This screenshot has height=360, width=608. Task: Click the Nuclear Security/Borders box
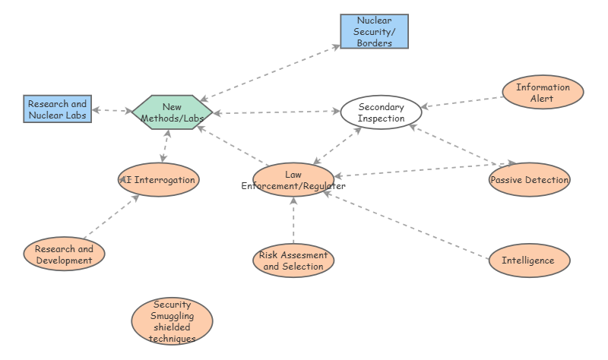coord(374,31)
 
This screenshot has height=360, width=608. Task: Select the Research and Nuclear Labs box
coord(57,109)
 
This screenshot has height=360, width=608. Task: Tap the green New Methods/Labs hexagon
coord(172,112)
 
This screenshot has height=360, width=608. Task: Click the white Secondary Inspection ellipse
coord(381,112)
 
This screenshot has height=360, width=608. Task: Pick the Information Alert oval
coord(543,93)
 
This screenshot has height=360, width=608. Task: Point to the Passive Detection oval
coord(529,180)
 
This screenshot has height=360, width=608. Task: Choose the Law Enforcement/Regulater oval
coord(293,180)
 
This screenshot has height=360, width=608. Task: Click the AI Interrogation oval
coord(159,180)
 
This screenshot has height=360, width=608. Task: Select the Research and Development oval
coord(64,254)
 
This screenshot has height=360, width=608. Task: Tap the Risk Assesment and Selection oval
coord(293,261)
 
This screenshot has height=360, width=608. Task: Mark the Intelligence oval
coord(528,261)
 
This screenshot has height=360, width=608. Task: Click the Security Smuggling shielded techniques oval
coord(172,321)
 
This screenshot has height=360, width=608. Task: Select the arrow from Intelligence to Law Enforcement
coord(407,226)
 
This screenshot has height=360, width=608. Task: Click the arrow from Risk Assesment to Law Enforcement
coord(293,220)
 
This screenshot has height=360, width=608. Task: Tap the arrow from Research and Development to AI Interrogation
coord(111,216)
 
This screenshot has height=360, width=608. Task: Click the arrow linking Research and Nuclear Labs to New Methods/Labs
coord(112,111)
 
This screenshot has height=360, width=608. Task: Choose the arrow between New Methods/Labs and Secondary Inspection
coord(277,112)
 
